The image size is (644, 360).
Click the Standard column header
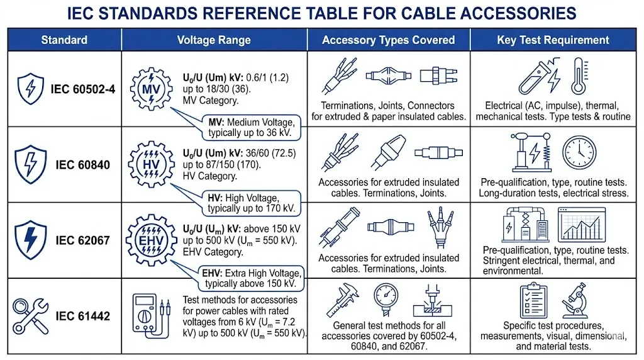point(64,40)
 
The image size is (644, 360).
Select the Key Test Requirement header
point(553,40)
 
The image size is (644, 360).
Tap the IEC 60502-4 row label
point(83,89)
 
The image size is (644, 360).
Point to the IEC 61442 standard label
point(83,316)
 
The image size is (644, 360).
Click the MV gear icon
point(151,89)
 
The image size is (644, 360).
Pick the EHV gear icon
point(151,240)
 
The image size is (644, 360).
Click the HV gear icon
point(151,164)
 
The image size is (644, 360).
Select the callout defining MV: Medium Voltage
point(252,127)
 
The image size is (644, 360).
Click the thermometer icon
point(579,76)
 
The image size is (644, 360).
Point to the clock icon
point(579,152)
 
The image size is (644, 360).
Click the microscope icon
point(575,300)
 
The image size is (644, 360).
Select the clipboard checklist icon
point(533,300)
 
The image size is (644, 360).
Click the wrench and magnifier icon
point(30,315)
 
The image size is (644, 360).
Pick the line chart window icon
point(582,225)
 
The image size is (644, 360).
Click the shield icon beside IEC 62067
point(30,240)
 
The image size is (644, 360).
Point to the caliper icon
point(343,300)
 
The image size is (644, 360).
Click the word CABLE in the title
point(428,14)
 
